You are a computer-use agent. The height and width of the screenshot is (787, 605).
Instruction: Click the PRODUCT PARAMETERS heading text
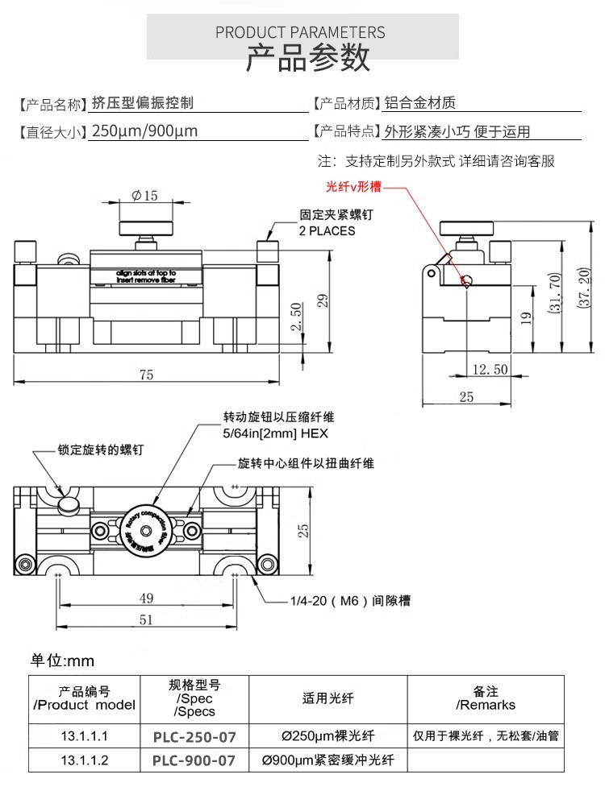pos(300,32)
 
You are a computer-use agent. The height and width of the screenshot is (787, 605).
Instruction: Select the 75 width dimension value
pos(145,374)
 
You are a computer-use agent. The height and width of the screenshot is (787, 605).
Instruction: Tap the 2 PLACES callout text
pos(327,230)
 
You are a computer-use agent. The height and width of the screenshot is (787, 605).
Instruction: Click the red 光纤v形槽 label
pos(353,187)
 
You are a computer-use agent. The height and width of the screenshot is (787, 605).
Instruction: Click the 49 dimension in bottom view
pos(146,598)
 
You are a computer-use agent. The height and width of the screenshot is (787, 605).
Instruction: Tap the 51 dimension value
pos(146,619)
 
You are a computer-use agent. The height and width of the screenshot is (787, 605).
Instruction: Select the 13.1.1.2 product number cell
pos(84,760)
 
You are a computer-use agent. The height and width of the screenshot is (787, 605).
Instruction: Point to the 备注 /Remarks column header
pos(485,698)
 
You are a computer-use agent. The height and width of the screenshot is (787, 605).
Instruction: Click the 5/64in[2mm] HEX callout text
pos(275,433)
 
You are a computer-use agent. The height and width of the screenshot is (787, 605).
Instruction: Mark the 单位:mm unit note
pos(63,661)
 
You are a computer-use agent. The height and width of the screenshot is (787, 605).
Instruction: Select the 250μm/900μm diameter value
pos(145,131)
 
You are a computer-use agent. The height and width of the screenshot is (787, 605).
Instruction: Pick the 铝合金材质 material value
pos(420,102)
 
